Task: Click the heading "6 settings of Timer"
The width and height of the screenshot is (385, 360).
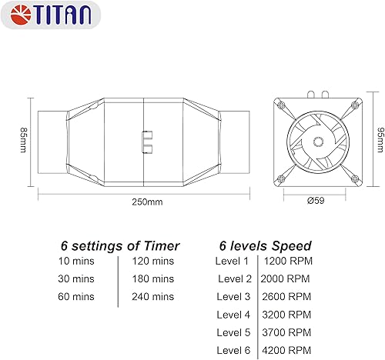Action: tap(120, 246)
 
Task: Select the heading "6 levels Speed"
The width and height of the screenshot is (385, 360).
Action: tap(266, 246)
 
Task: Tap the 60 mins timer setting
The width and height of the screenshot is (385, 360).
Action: tap(76, 296)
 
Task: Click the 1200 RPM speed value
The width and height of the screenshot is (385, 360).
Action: tap(287, 262)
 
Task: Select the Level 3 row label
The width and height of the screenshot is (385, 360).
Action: tap(235, 296)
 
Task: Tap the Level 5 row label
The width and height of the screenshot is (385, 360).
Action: tap(235, 332)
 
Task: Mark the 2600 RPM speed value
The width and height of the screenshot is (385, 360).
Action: tap(287, 296)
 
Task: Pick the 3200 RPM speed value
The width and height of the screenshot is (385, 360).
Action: tap(287, 314)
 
